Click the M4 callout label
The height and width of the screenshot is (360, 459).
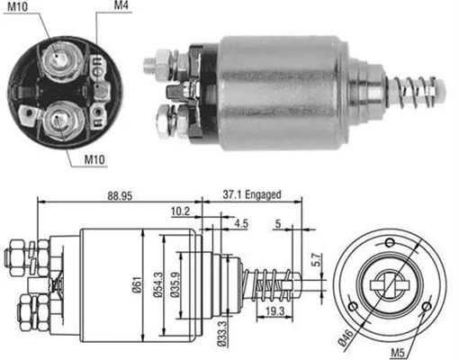pyautogui.click(x=121, y=7)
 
